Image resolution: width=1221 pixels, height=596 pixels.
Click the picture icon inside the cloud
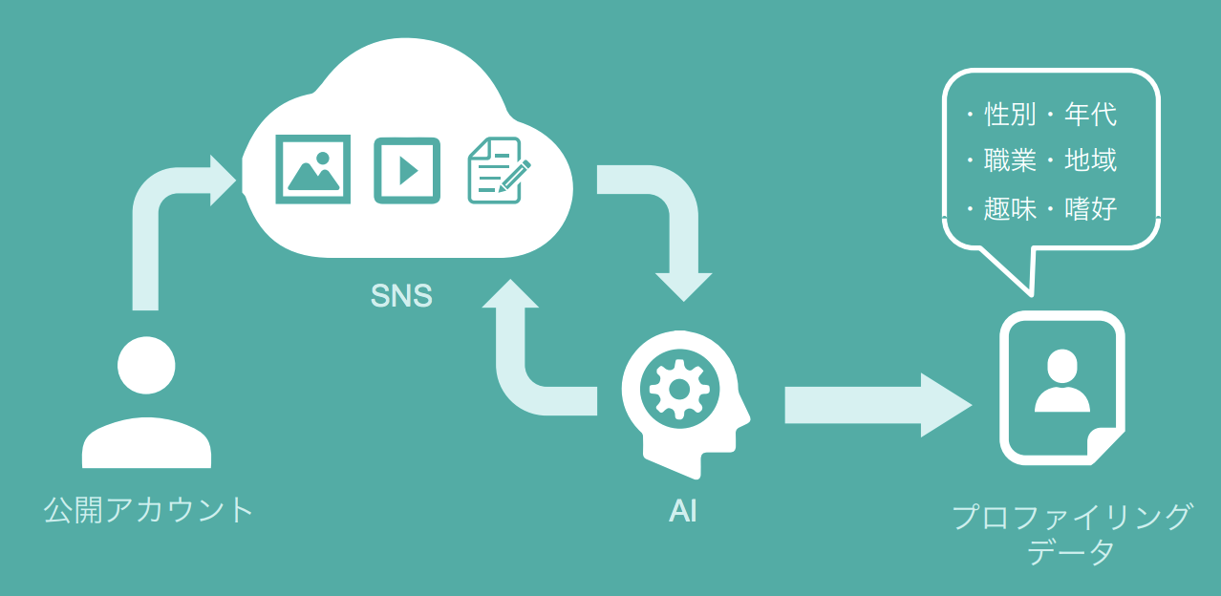(312, 169)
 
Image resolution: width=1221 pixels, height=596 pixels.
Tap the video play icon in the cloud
(407, 170)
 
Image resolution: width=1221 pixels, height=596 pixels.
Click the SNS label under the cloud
(401, 296)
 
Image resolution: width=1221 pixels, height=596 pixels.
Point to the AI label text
(682, 511)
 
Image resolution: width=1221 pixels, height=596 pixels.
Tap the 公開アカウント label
(149, 509)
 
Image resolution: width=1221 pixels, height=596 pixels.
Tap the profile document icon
(1060, 387)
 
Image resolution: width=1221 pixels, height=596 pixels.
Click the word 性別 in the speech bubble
(1010, 115)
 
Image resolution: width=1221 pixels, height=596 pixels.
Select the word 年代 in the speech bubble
(1090, 115)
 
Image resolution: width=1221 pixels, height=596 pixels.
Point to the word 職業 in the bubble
(1010, 160)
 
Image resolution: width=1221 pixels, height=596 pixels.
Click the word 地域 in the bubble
(1090, 160)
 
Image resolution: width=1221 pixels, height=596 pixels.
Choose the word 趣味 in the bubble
(1010, 208)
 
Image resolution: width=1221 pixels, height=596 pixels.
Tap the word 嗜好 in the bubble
(1090, 208)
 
